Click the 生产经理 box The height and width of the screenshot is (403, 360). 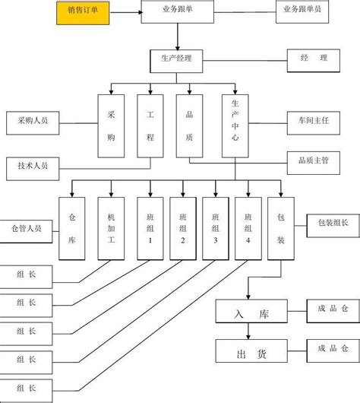[x=177, y=58]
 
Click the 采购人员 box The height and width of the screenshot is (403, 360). [x=31, y=120]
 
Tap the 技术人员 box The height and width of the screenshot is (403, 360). [x=31, y=165]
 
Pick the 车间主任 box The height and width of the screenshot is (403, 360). [x=314, y=120]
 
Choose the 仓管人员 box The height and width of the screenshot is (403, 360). [x=26, y=227]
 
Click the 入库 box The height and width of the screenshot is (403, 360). [x=251, y=312]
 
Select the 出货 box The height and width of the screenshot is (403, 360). [x=251, y=352]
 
